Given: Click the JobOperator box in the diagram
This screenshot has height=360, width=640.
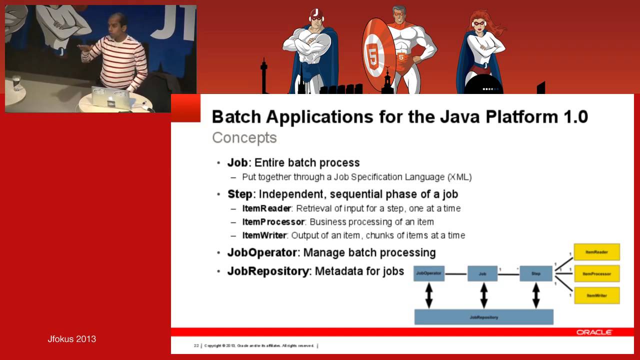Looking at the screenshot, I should [x=428, y=273].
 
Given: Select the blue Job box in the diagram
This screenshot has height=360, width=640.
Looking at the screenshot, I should [x=482, y=273].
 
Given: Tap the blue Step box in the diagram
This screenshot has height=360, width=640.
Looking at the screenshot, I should [x=536, y=273].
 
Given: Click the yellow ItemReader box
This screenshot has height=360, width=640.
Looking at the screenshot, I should [x=596, y=252].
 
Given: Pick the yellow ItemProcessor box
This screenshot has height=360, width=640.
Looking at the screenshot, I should [x=596, y=274].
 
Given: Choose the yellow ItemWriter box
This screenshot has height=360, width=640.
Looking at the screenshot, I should [x=596, y=295].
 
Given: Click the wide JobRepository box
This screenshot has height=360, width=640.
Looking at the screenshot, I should [x=483, y=317].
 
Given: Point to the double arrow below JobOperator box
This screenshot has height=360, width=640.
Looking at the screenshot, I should [x=428, y=295].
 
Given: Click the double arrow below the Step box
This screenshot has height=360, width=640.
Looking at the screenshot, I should [x=536, y=295].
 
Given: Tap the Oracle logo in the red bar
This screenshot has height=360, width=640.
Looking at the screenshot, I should [x=594, y=332].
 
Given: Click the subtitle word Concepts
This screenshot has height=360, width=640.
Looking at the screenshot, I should [x=244, y=137].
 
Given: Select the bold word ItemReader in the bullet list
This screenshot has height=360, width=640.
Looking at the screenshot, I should [x=266, y=208].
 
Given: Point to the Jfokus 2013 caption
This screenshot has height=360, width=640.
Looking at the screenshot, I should [x=71, y=339].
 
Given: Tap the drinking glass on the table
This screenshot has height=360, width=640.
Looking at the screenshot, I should [x=17, y=82].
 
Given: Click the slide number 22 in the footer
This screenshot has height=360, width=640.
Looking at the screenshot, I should [x=196, y=345].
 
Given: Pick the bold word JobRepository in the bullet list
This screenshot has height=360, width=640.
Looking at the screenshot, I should [x=267, y=271].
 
